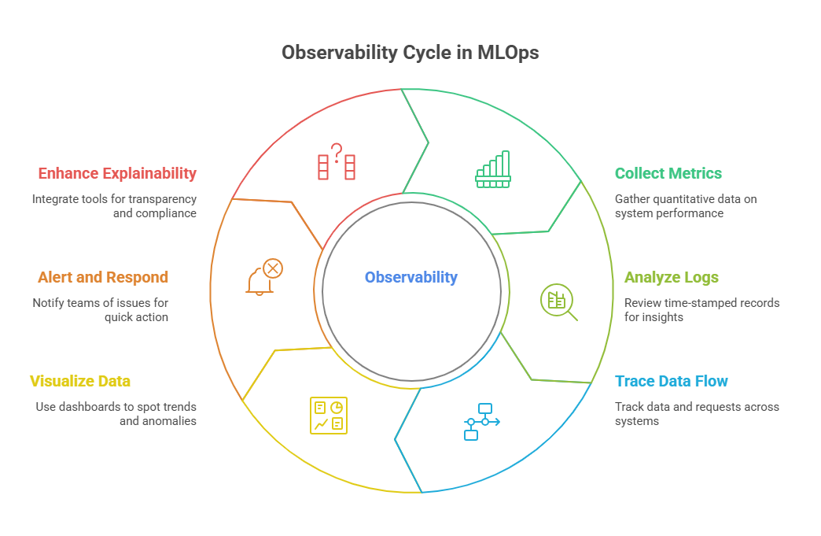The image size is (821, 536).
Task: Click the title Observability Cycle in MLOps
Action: click(410, 53)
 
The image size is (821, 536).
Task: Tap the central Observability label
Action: click(411, 277)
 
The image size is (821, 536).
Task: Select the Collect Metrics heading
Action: click(668, 173)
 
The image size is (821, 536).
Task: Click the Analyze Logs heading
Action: click(672, 278)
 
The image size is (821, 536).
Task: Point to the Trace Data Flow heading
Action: click(672, 382)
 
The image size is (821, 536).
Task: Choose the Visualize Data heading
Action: click(80, 382)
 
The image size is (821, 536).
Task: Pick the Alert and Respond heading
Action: click(103, 278)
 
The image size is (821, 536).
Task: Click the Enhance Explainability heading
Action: click(117, 173)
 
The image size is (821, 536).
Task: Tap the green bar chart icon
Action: click(493, 169)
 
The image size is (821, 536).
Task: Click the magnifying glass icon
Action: click(558, 302)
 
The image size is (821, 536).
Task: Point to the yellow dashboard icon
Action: click(329, 416)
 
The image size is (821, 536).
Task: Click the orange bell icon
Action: click(265, 276)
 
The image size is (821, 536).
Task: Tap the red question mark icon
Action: click(337, 161)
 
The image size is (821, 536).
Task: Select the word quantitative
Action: click(686, 200)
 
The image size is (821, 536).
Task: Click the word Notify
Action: click(48, 303)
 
